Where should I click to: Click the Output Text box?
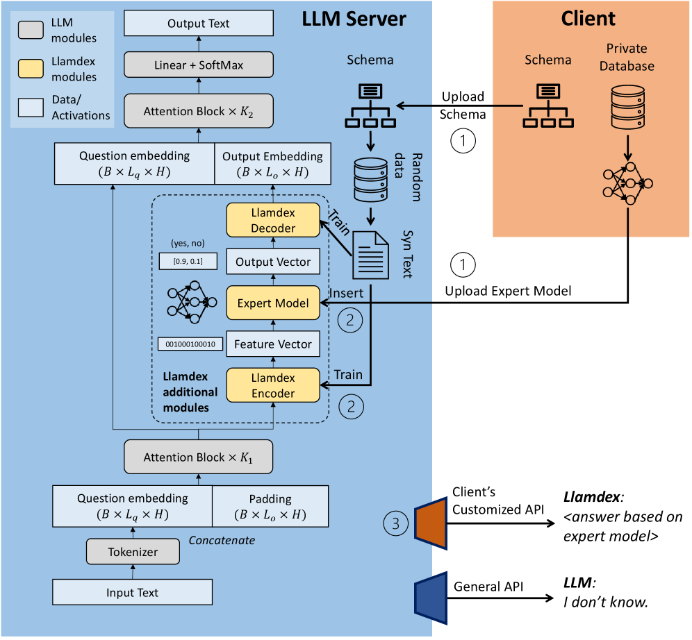tap(198, 24)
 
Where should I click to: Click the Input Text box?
tap(132, 593)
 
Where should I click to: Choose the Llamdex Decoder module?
tap(272, 220)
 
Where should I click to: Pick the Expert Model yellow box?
tap(272, 303)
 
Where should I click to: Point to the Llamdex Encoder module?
tap(272, 386)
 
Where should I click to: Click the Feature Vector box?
tap(272, 344)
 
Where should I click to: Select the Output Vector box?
tap(272, 262)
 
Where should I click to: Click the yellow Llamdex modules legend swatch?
tap(31, 68)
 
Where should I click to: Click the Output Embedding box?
tap(272, 164)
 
